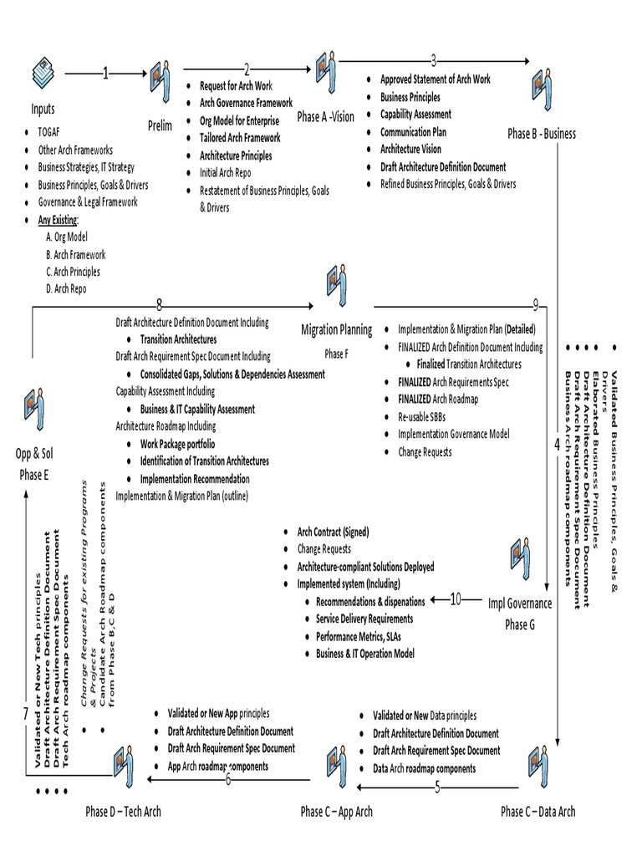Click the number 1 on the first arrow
pos(105,74)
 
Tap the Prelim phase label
pos(160,126)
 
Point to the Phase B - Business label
pos(542,134)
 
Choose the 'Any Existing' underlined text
pos(59,220)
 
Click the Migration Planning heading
pos(336,330)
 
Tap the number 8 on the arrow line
pos(159,303)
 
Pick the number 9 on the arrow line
pos(535,303)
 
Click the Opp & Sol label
pos(34,454)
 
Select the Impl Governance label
pos(520,604)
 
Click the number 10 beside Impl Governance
pos(456,599)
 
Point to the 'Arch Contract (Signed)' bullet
pos(333,532)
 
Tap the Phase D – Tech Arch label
pos(123,812)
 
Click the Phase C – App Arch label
pos(336,812)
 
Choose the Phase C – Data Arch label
pos(538,812)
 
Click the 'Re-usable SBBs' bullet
pos(426,417)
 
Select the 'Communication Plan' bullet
pos(413,132)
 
